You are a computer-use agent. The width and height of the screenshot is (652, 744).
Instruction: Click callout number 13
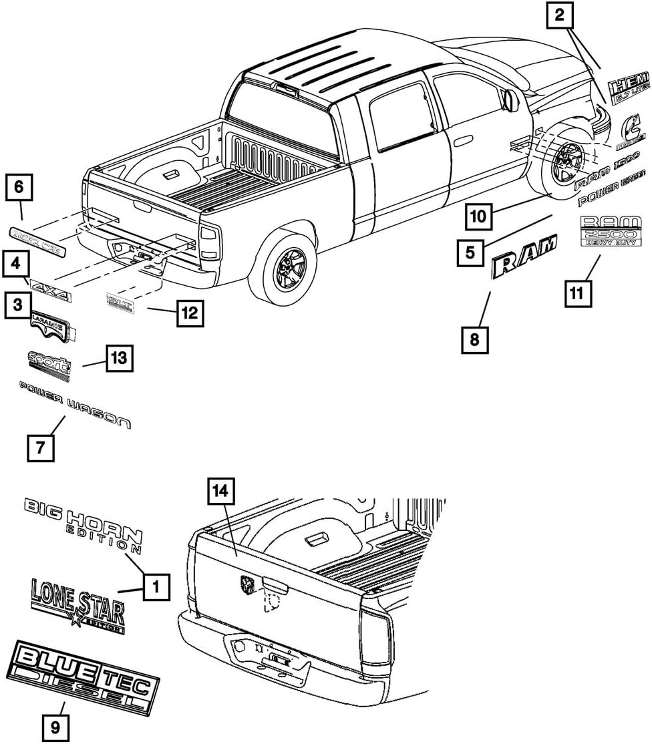click(x=118, y=359)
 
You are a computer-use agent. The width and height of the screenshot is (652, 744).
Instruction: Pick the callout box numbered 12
click(x=189, y=311)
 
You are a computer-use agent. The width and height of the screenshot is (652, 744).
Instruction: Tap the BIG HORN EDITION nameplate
click(x=84, y=524)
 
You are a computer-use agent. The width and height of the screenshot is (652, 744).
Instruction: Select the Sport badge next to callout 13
click(x=49, y=366)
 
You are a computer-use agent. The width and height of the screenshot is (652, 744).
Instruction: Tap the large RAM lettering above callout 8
click(x=524, y=258)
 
